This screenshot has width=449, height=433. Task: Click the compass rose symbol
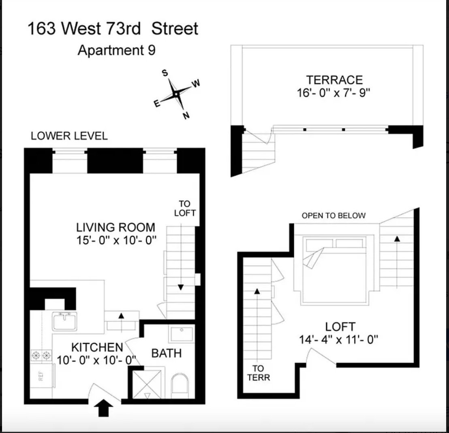176,94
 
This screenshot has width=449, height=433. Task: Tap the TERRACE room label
334,79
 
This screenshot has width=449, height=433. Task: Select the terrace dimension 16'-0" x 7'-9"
334,93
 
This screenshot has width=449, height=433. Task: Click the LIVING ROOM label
116,227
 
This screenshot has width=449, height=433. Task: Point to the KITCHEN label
97,347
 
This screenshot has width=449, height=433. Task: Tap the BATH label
166,353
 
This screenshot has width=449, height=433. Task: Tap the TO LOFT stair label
184,208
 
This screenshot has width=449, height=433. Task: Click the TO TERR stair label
258,373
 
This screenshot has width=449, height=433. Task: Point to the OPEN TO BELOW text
334,216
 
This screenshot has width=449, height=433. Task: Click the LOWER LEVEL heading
69,136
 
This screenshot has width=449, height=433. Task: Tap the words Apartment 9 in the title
117,51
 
